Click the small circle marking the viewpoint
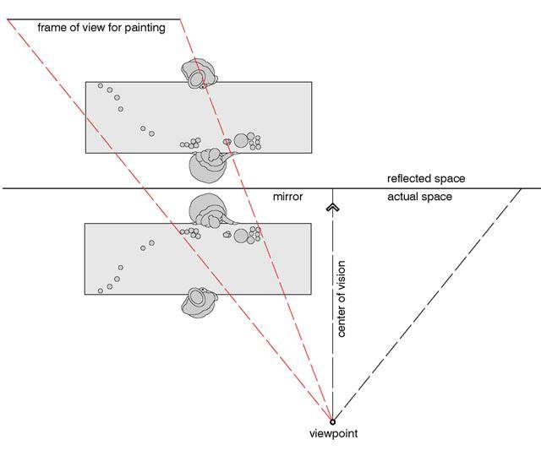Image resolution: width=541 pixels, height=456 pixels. tap(332, 421)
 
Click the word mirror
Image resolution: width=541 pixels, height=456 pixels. tap(287, 197)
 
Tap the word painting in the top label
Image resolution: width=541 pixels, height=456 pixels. tap(145, 28)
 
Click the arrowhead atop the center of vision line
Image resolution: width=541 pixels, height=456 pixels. tap(332, 204)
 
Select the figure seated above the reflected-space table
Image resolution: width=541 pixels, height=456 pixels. tap(199, 74)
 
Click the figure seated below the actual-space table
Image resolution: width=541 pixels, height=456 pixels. tap(199, 301)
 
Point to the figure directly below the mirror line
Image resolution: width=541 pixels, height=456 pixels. tap(208, 211)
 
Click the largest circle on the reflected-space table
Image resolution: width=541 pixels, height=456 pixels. tap(242, 140)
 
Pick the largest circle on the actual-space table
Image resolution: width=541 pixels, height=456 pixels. tap(242, 233)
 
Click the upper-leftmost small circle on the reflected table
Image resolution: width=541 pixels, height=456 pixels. tap(100, 86)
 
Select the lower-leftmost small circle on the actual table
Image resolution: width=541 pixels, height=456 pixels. tap(100, 291)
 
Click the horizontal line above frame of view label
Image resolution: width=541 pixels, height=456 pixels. tap(93, 19)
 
